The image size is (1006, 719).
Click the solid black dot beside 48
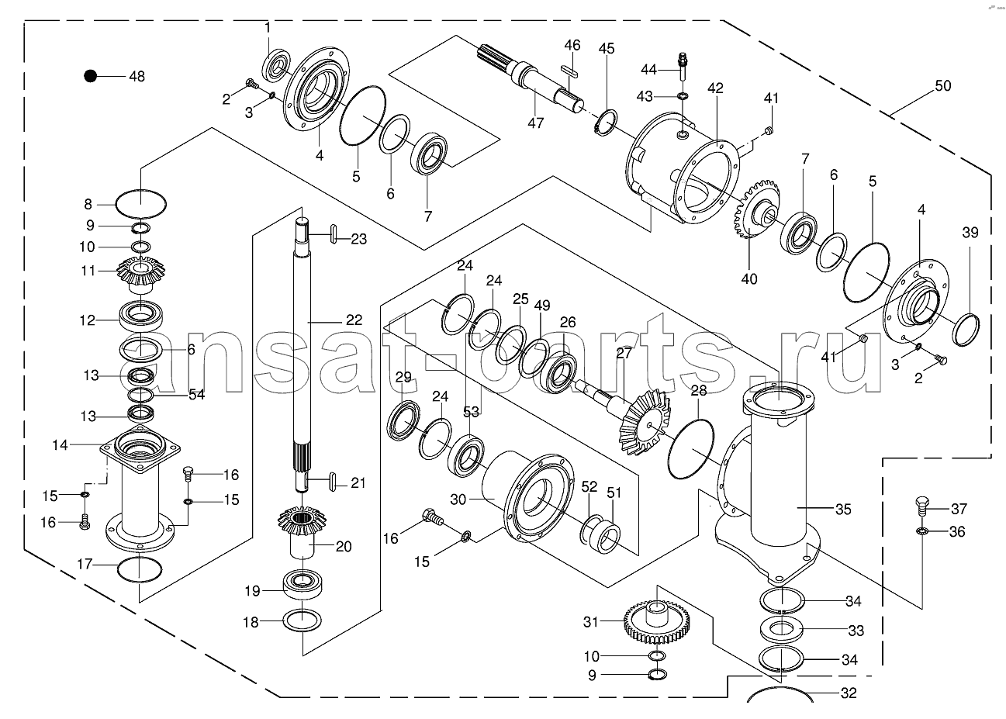[91, 76]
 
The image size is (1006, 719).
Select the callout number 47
[535, 123]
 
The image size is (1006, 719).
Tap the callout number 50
[943, 86]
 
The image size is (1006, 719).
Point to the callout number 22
[354, 320]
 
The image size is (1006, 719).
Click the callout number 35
[843, 510]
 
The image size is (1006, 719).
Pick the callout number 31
[591, 622]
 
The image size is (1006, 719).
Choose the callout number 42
[715, 88]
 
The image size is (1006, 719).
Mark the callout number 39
[970, 233]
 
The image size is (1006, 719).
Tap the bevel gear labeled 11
[140, 271]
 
